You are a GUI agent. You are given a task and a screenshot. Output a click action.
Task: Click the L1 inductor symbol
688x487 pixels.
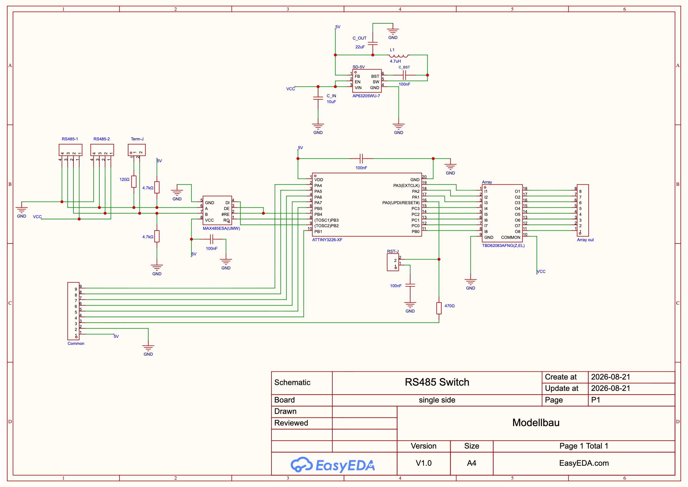(x=398, y=56)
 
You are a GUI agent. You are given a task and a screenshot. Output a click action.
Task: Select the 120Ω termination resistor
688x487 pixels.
(x=134, y=181)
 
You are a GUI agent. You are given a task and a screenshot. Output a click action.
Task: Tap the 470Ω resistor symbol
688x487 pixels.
(x=439, y=308)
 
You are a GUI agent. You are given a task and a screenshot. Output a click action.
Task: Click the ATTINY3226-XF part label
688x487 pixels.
(x=327, y=240)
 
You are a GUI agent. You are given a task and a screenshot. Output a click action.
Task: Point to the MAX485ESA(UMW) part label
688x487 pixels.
(x=221, y=229)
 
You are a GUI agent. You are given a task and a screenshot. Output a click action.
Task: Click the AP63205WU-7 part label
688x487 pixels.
(x=366, y=96)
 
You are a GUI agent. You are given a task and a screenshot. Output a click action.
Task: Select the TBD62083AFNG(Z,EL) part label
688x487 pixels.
(x=503, y=246)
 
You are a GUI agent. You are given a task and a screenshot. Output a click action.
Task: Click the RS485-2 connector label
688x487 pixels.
(x=102, y=139)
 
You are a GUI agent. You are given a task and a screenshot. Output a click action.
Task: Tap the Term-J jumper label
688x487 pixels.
(x=137, y=139)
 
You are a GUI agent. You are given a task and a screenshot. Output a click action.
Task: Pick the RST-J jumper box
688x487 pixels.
(x=393, y=262)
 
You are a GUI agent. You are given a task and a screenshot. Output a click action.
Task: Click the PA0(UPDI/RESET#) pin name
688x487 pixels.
(x=401, y=203)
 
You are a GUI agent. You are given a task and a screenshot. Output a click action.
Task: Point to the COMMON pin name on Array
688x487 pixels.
(x=510, y=237)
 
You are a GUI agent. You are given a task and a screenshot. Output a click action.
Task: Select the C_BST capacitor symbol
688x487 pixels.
(x=404, y=75)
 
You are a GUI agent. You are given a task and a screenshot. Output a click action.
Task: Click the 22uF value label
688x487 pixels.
(x=360, y=47)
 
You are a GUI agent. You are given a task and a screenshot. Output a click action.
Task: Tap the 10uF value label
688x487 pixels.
(x=331, y=102)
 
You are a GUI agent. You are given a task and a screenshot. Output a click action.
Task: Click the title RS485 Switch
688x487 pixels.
(x=437, y=382)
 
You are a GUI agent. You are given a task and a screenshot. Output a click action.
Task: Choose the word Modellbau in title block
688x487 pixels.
(x=536, y=423)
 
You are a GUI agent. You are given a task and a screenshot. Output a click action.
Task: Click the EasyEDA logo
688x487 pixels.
(x=333, y=465)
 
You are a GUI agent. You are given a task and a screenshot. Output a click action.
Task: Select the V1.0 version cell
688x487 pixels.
(x=424, y=463)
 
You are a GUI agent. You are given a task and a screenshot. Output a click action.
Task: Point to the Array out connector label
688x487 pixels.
(x=585, y=240)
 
